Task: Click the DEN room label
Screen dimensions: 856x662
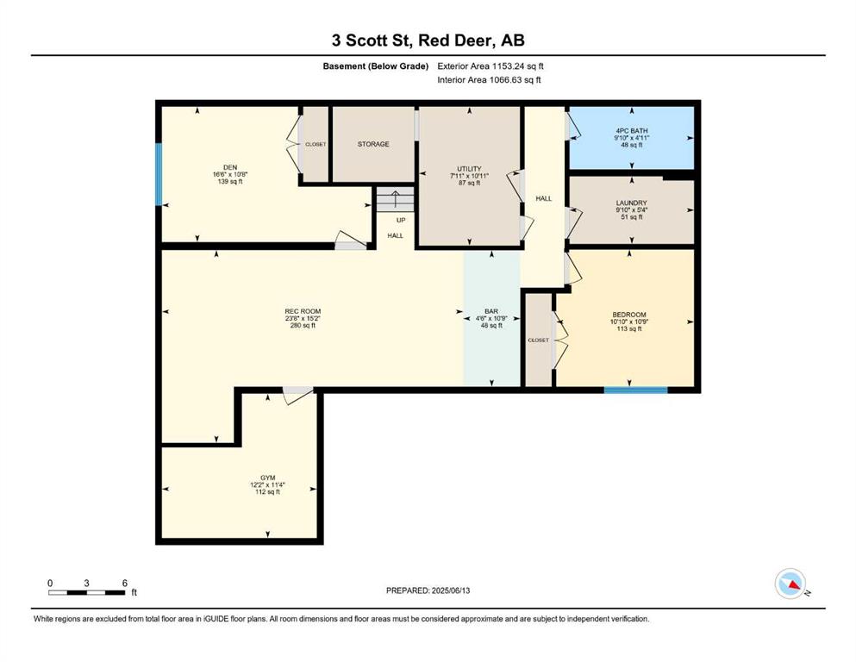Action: coord(230,167)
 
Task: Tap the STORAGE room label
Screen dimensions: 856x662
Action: coord(373,144)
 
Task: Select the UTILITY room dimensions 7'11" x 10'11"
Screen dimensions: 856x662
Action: coord(469,176)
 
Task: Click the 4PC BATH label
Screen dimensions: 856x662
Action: coord(632,131)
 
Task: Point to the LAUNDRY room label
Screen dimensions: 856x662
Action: coord(632,203)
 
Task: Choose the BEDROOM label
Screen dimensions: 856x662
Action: coord(629,315)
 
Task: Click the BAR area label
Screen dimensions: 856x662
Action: coord(491,312)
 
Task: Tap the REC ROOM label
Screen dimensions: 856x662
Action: coord(303,312)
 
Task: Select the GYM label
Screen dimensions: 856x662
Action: coord(267,478)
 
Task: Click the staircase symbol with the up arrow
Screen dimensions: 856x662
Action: coord(395,200)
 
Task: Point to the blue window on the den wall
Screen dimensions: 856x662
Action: coord(159,174)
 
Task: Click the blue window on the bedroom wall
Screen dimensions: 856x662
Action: coord(635,390)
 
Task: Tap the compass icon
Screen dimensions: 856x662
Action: coord(790,584)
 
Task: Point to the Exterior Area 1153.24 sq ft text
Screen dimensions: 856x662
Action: coord(490,66)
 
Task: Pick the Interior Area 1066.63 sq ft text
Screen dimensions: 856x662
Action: coord(489,79)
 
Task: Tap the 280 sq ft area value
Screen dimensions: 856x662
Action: coord(303,326)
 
